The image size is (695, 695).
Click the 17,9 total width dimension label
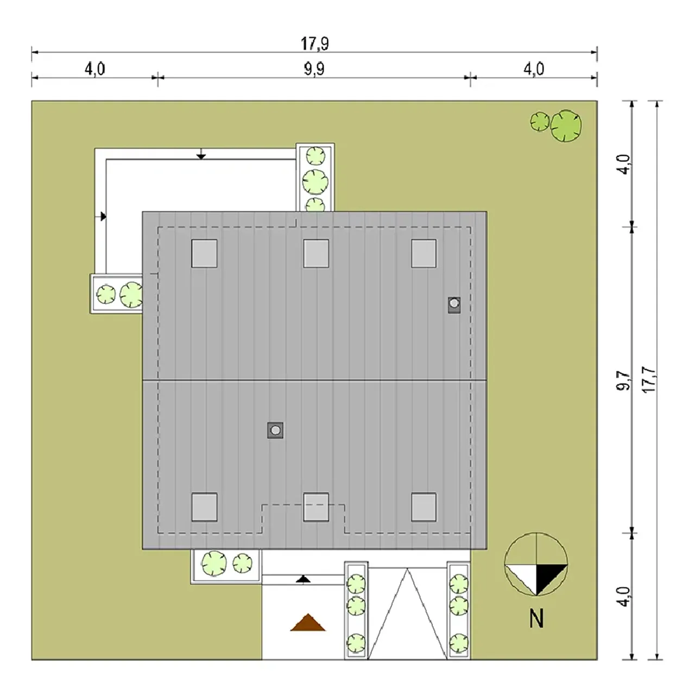314,43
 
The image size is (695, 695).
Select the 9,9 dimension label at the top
314,69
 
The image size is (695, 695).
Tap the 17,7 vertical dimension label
649,380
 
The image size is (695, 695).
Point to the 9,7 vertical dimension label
623,381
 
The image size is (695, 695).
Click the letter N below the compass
536,619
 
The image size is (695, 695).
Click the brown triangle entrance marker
308,622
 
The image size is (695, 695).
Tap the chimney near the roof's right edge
454,305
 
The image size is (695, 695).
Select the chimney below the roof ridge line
275,430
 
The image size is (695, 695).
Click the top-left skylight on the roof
204,254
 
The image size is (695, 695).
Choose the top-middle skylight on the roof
316,254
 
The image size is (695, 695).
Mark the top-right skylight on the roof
424,254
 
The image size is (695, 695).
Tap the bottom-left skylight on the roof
204,507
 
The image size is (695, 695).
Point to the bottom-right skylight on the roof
424,507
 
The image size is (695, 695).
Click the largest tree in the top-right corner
566,126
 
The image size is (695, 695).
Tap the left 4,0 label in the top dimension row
94,69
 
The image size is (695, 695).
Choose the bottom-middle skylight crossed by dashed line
316,507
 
